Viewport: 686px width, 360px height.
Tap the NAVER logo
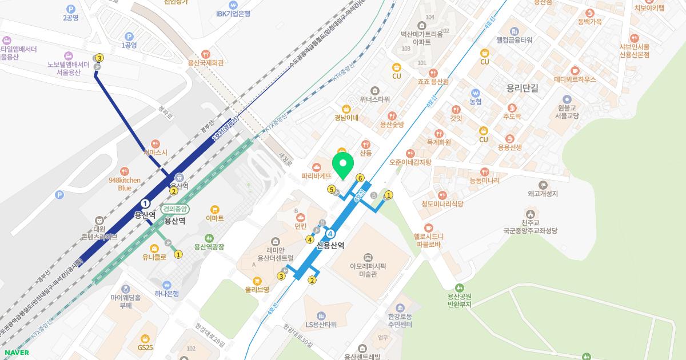pyautogui.click(x=17, y=353)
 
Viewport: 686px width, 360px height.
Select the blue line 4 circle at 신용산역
pyautogui.click(x=330, y=234)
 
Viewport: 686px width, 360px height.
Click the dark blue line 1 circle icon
pyautogui.click(x=145, y=203)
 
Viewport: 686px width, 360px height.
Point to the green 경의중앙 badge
pyautogui.click(x=175, y=209)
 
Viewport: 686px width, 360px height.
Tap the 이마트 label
pyautogui.click(x=215, y=218)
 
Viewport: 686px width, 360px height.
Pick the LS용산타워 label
pyautogui.click(x=321, y=325)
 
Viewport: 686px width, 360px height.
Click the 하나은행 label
pyautogui.click(x=167, y=294)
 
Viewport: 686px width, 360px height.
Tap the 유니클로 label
pyautogui.click(x=154, y=257)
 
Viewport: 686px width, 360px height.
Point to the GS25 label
pyautogui.click(x=145, y=347)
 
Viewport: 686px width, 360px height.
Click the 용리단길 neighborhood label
pyautogui.click(x=523, y=88)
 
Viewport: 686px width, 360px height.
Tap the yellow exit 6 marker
pyautogui.click(x=360, y=178)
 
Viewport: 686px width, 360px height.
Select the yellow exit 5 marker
pyautogui.click(x=332, y=189)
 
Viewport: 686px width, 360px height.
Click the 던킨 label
pyautogui.click(x=301, y=226)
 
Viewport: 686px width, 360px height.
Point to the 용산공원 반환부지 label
pyautogui.click(x=459, y=300)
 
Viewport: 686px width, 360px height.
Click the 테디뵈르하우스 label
pyautogui.click(x=575, y=80)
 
